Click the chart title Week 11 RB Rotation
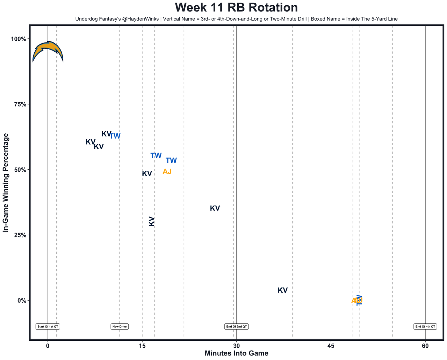coord(236,8)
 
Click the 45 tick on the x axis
coord(331,346)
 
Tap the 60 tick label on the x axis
coord(425,346)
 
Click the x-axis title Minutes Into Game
coord(236,353)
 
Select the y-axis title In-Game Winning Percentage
coord(6,182)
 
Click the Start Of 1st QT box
coord(48,326)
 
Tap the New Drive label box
coord(120,326)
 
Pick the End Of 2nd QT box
coord(237,326)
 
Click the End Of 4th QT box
coord(425,326)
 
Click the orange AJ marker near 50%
coord(167,171)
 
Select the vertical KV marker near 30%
coord(152,221)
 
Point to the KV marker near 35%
coord(215,208)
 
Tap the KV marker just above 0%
coord(282,290)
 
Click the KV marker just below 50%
coord(147,174)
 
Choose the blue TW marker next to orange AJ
coord(171,161)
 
